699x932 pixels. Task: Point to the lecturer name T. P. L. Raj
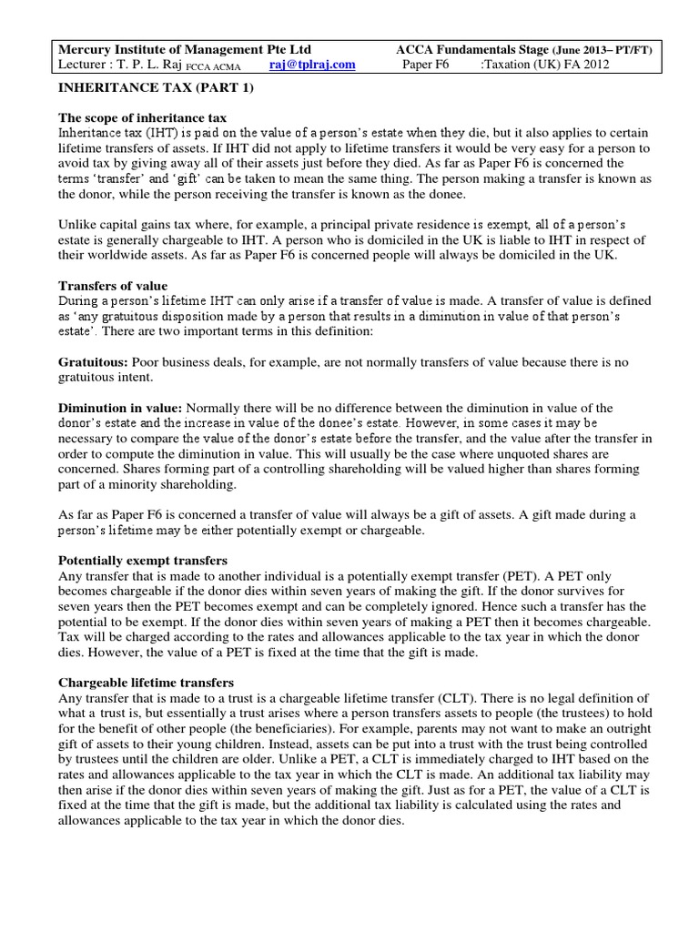pyautogui.click(x=151, y=65)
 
